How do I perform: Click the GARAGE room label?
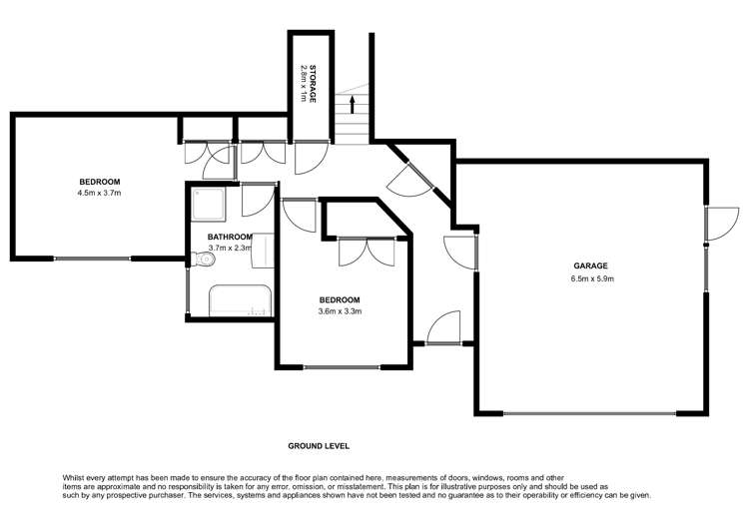point(590,266)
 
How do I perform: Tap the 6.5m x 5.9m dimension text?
point(590,278)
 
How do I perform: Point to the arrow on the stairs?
point(352,104)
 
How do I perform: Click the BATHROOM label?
point(230,237)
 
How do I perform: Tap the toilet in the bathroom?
point(203,263)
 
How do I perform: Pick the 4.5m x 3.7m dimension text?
point(99,193)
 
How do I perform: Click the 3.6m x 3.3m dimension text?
point(340,311)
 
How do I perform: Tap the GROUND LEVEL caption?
point(319,446)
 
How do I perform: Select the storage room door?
point(308,155)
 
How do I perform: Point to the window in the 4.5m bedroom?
point(91,259)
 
